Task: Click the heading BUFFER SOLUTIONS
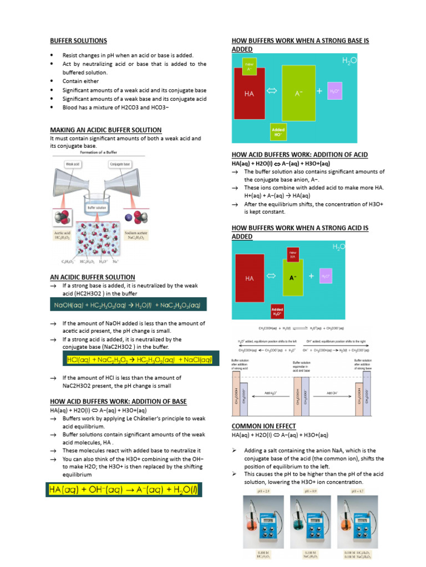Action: tap(78, 41)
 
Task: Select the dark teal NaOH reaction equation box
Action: tap(128, 305)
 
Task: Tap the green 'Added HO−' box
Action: tap(278, 131)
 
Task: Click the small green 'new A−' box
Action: tap(249, 67)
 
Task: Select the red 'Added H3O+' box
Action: tap(277, 311)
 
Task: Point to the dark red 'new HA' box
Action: tap(292, 254)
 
